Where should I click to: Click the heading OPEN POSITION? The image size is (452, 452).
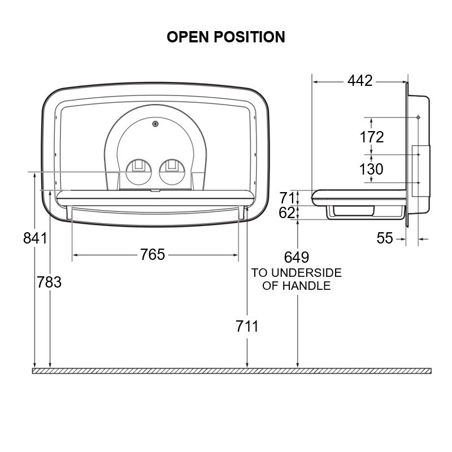[226, 37]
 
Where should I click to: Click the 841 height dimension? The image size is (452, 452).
[35, 238]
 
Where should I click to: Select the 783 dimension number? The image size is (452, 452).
[49, 282]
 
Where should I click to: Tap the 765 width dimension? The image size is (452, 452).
[153, 255]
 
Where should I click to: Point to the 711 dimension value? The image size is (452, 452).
[247, 327]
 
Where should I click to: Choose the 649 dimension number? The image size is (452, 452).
[296, 257]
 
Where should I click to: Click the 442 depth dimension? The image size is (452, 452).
[360, 81]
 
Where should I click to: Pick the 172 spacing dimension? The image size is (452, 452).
[372, 137]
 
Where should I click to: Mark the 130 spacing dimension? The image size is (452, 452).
[371, 169]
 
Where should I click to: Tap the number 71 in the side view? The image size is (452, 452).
[287, 198]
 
